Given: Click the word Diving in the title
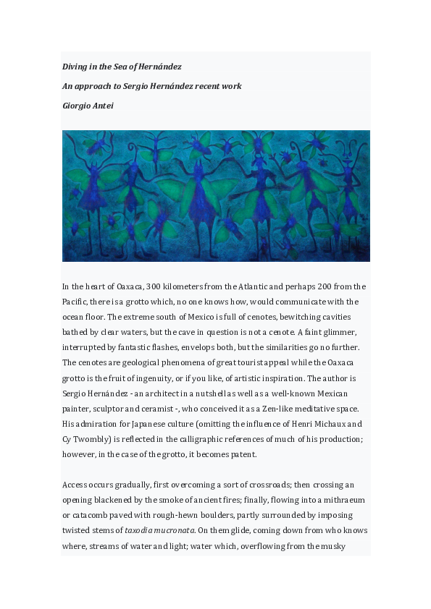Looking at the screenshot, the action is pos(75,67).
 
